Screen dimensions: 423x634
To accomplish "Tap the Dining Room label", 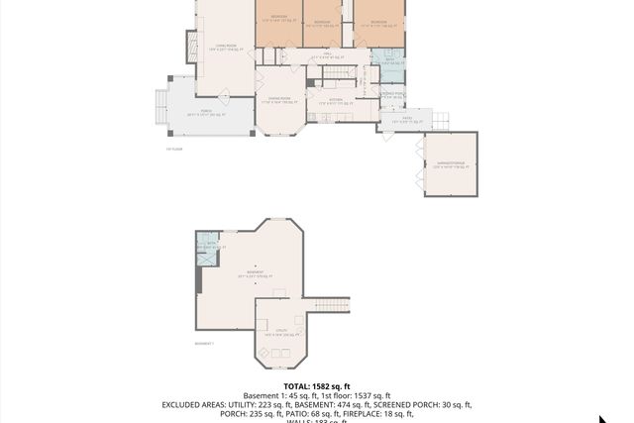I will pyautogui.click(x=279, y=99).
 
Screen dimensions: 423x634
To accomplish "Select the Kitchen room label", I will pyautogui.click(x=335, y=100).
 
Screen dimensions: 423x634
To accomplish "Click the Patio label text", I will pyautogui.click(x=406, y=118).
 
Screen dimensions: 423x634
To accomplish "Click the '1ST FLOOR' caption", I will pyautogui.click(x=174, y=149).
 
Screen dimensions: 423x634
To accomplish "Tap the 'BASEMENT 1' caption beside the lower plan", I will pyautogui.click(x=206, y=343).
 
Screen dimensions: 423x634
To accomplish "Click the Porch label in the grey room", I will pyautogui.click(x=206, y=111).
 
